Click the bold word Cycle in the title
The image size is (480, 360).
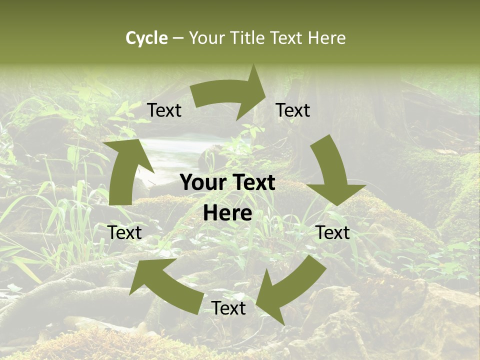tap(146, 38)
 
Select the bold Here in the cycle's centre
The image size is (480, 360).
tap(227, 213)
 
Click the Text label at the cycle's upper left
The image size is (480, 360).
tap(164, 110)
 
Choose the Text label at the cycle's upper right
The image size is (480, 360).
tap(293, 110)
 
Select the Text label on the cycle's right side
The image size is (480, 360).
tap(333, 232)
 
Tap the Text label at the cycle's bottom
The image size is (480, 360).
tap(228, 308)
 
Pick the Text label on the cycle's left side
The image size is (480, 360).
tap(124, 232)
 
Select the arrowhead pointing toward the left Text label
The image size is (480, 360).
tap(144, 277)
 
